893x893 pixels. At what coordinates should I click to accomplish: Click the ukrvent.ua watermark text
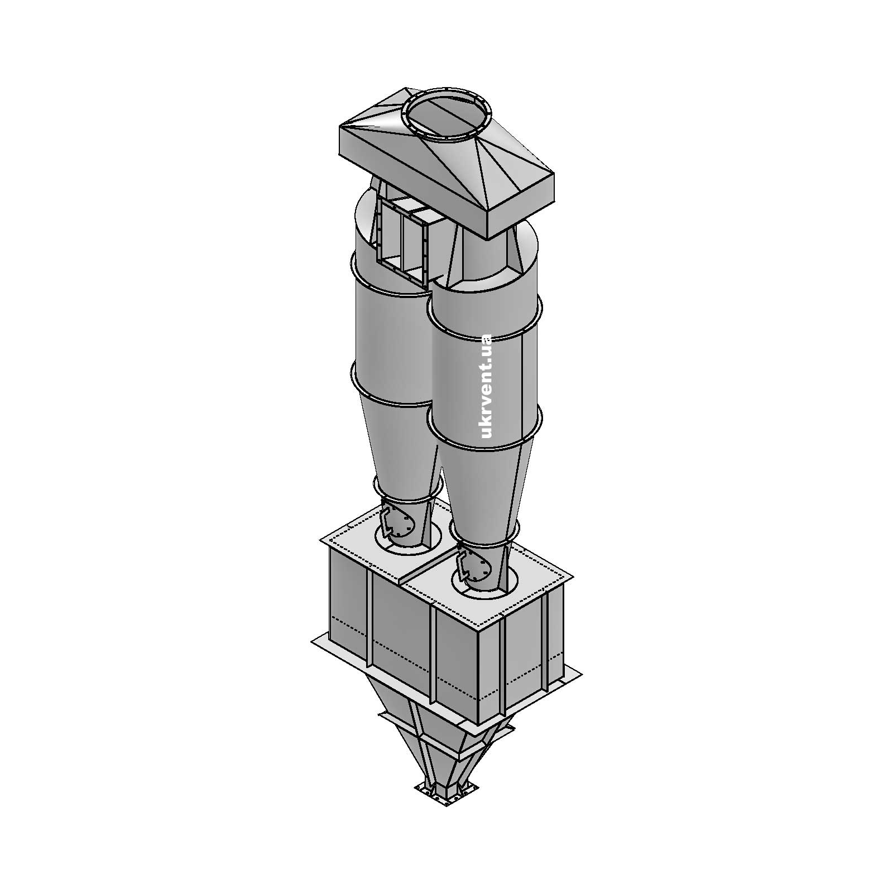486,386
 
